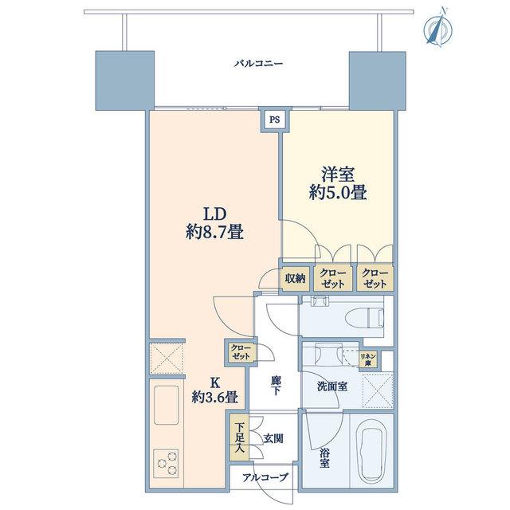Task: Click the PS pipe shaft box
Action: click(275, 120)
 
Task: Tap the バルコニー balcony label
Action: click(258, 63)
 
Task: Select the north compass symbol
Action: click(438, 29)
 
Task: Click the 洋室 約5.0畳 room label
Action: click(338, 184)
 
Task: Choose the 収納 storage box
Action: click(295, 278)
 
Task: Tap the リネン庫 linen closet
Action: click(368, 359)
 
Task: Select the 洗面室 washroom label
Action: click(332, 386)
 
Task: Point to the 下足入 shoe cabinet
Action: click(239, 437)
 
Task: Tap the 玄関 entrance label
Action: click(273, 439)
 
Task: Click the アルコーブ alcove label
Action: click(265, 477)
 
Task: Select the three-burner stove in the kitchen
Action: click(166, 463)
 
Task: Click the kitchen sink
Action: click(167, 405)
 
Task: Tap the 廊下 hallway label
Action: click(275, 386)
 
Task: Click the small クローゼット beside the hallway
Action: click(241, 352)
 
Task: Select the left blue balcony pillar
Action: click(124, 80)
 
